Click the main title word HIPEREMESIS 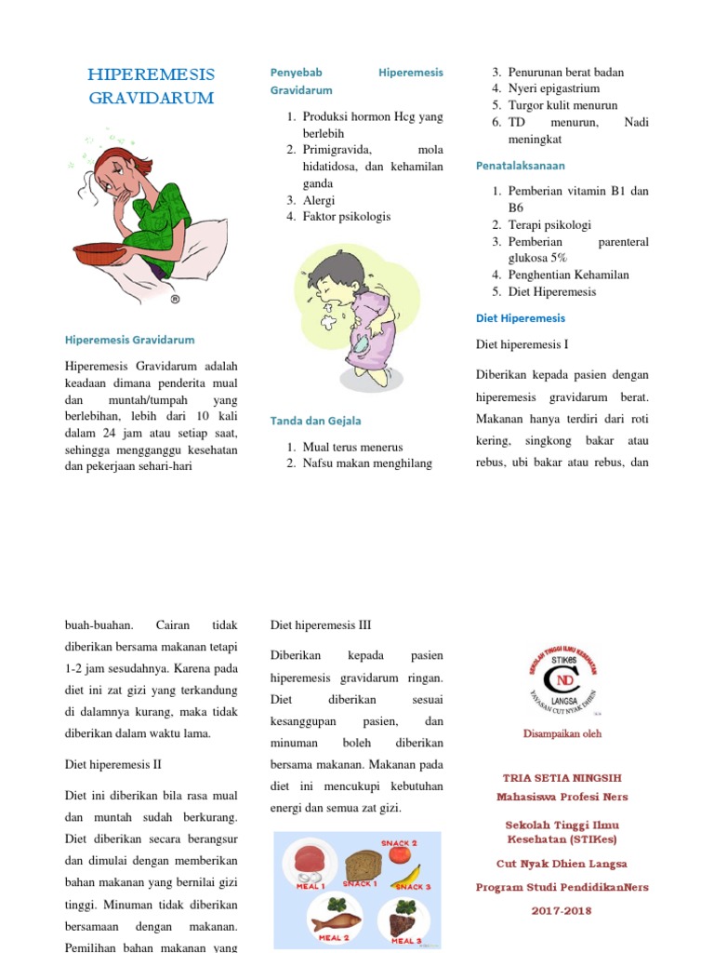click(151, 74)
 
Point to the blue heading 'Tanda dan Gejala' click(315, 421)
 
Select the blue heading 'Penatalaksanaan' click(521, 165)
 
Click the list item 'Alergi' click(319, 200)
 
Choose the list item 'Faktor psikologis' click(347, 217)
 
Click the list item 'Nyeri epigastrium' click(553, 89)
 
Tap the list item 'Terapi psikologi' click(549, 225)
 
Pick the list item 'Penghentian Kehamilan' click(568, 275)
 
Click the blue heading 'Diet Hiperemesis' click(522, 318)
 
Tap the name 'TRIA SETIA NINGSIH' click(562, 777)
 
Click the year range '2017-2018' click(562, 911)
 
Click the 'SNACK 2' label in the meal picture click(399, 843)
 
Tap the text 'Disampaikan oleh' click(562, 733)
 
